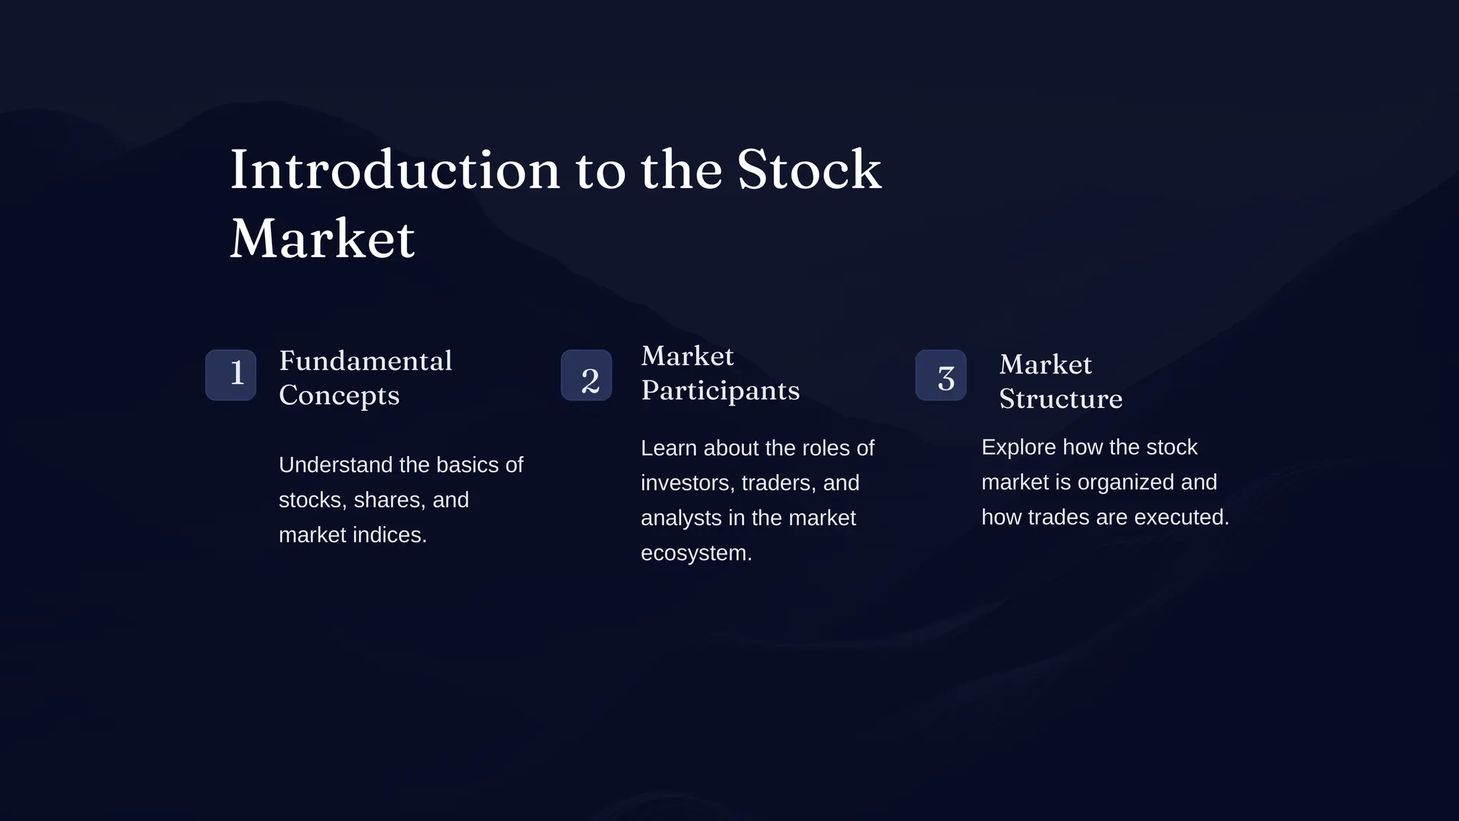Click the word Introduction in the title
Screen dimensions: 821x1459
click(395, 171)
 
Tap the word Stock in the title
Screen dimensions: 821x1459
click(809, 171)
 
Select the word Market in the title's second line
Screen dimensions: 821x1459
click(322, 239)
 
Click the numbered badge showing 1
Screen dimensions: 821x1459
click(231, 375)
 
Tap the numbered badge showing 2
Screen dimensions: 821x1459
click(586, 376)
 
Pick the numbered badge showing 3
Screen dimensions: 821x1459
click(941, 376)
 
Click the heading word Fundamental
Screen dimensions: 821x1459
click(365, 361)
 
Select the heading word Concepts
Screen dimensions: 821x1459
click(339, 396)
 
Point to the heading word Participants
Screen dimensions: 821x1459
click(720, 391)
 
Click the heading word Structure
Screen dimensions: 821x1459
click(1061, 399)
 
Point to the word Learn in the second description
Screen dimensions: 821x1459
click(668, 448)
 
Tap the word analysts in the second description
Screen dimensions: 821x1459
click(681, 518)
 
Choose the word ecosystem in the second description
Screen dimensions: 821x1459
click(696, 554)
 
